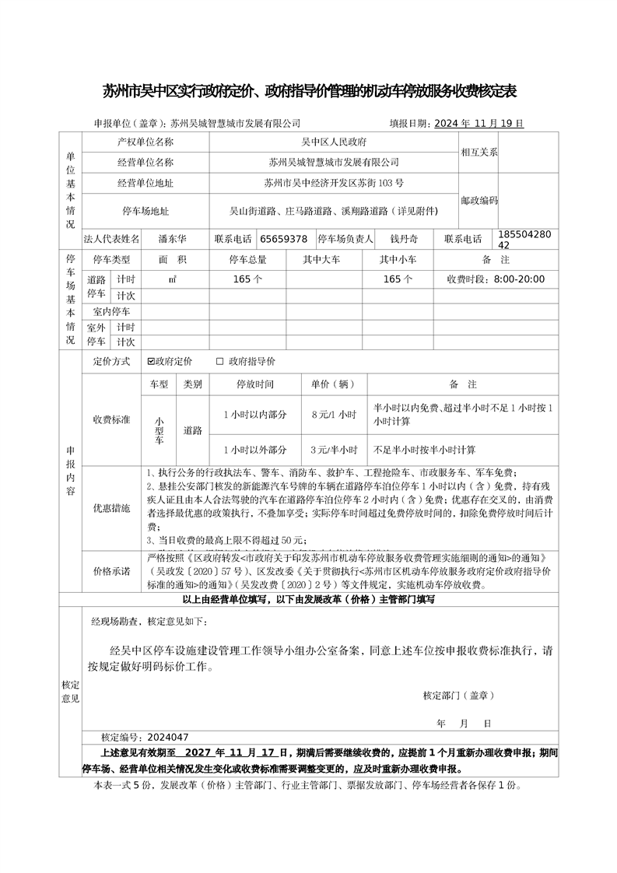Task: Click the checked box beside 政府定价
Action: pos(151,361)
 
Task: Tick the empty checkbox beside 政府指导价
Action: pos(219,361)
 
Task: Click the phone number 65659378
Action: pos(283,239)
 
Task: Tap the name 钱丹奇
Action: pos(404,239)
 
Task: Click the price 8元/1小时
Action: pos(333,414)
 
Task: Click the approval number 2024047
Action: pos(167,737)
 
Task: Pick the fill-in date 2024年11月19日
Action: pos(478,123)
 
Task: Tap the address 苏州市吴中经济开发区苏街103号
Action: pos(334,184)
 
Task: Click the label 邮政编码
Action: pos(479,200)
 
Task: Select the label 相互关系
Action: pos(479,153)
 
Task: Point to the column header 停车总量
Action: pos(247,259)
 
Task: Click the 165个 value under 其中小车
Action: pos(398,279)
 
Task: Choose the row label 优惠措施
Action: pos(112,507)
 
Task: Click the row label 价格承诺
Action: pos(112,570)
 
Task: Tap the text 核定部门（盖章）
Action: pos(458,695)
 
